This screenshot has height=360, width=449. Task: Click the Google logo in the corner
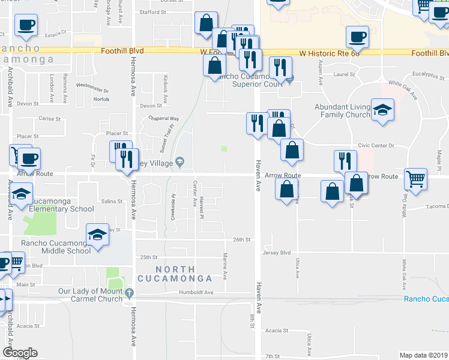20,353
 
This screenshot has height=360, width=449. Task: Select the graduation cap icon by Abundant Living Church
382,110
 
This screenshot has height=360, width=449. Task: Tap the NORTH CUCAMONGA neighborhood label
175,274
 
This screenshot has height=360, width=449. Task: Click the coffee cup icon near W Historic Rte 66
357,37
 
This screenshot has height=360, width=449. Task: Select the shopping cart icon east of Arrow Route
415,178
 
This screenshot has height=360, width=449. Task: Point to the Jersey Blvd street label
276,253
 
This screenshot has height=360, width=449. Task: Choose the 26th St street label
241,239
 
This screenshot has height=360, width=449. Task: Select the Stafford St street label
152,12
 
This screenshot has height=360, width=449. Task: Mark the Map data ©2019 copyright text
423,355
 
